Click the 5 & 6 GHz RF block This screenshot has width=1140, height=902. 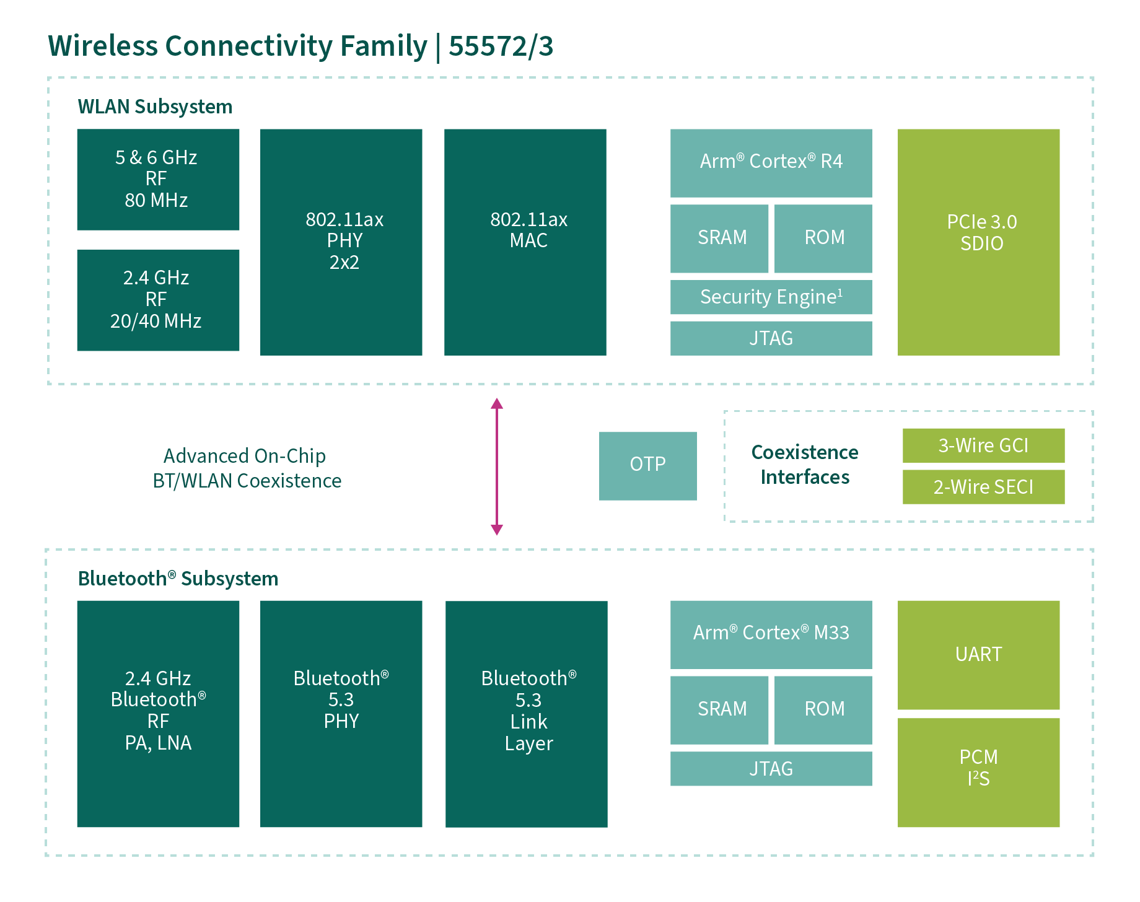point(158,179)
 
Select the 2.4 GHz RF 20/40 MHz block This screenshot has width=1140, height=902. point(158,300)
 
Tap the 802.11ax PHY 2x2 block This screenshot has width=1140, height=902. point(341,242)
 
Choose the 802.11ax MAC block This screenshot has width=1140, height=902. point(525,242)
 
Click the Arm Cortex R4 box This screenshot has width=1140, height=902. point(771,163)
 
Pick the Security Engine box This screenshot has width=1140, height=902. point(771,297)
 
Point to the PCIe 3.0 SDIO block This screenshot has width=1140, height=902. point(978,242)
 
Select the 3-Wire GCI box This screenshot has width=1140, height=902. point(983,445)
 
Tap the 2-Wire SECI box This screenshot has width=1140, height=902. point(983,487)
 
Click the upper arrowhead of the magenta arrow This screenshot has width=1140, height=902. point(496,404)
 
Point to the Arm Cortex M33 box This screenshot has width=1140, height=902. point(771,634)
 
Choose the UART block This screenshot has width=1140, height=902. point(978,655)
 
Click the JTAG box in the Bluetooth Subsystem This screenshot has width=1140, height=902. point(771,769)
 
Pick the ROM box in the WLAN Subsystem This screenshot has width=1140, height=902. point(823,239)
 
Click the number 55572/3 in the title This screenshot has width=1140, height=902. point(501,46)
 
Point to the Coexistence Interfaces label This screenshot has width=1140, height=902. point(805,465)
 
